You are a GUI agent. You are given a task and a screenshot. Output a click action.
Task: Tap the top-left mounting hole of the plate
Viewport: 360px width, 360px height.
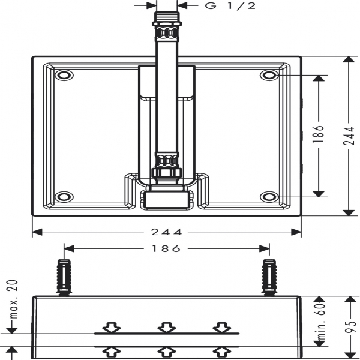[x=63, y=76]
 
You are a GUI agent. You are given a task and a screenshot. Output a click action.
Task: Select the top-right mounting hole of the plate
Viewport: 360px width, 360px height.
[x=269, y=76]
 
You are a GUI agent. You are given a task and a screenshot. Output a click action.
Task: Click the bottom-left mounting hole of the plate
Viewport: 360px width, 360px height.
[x=63, y=197]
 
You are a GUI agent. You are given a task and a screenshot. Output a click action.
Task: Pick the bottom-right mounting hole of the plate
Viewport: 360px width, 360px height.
[x=269, y=197]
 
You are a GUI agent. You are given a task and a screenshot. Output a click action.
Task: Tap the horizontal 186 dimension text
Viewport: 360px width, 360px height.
[x=166, y=248]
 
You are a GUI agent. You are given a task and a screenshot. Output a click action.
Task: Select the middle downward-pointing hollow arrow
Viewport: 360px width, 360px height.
[x=166, y=327]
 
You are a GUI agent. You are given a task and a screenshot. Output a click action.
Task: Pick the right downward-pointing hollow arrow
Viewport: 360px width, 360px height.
[x=221, y=327]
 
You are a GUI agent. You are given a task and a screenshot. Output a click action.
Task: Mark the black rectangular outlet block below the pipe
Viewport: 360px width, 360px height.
[x=166, y=199]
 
